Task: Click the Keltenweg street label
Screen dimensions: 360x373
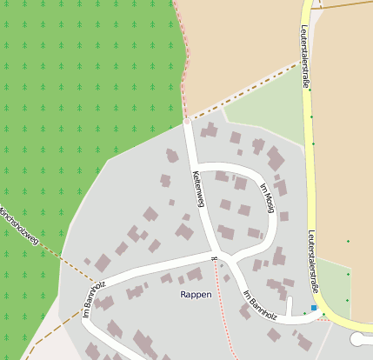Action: coord(197,189)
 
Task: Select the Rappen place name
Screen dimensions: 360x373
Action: coord(196,295)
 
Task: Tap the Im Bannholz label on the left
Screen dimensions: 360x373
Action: coord(94,299)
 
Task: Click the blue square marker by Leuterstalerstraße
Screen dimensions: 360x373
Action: coord(314,307)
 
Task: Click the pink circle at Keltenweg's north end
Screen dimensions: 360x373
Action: coord(186,122)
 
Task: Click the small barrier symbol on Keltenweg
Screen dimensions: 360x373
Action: coord(214,257)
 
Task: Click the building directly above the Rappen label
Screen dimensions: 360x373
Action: coord(194,274)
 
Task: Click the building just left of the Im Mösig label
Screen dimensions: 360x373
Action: coord(241,183)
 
